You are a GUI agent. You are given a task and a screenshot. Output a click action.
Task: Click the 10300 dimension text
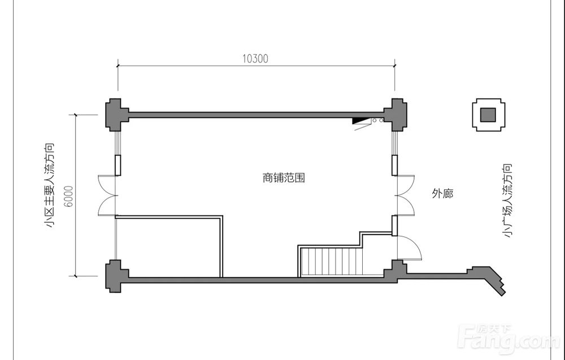point(255,58)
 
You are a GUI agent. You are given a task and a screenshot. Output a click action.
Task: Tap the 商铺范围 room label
point(284,177)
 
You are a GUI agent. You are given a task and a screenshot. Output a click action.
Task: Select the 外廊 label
point(442,194)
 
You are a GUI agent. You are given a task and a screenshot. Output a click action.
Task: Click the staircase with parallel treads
point(330,262)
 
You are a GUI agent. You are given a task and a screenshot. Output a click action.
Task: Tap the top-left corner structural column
point(115,115)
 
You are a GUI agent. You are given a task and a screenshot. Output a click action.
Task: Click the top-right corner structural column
point(395,114)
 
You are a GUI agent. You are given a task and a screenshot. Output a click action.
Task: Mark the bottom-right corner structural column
point(395,274)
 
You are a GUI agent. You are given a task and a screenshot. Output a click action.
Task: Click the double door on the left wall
point(107,195)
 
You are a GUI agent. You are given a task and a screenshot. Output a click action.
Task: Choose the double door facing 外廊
point(405,195)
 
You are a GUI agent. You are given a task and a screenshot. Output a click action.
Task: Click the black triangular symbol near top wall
point(360,120)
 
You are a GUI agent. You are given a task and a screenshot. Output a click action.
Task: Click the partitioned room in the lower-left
point(168,248)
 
